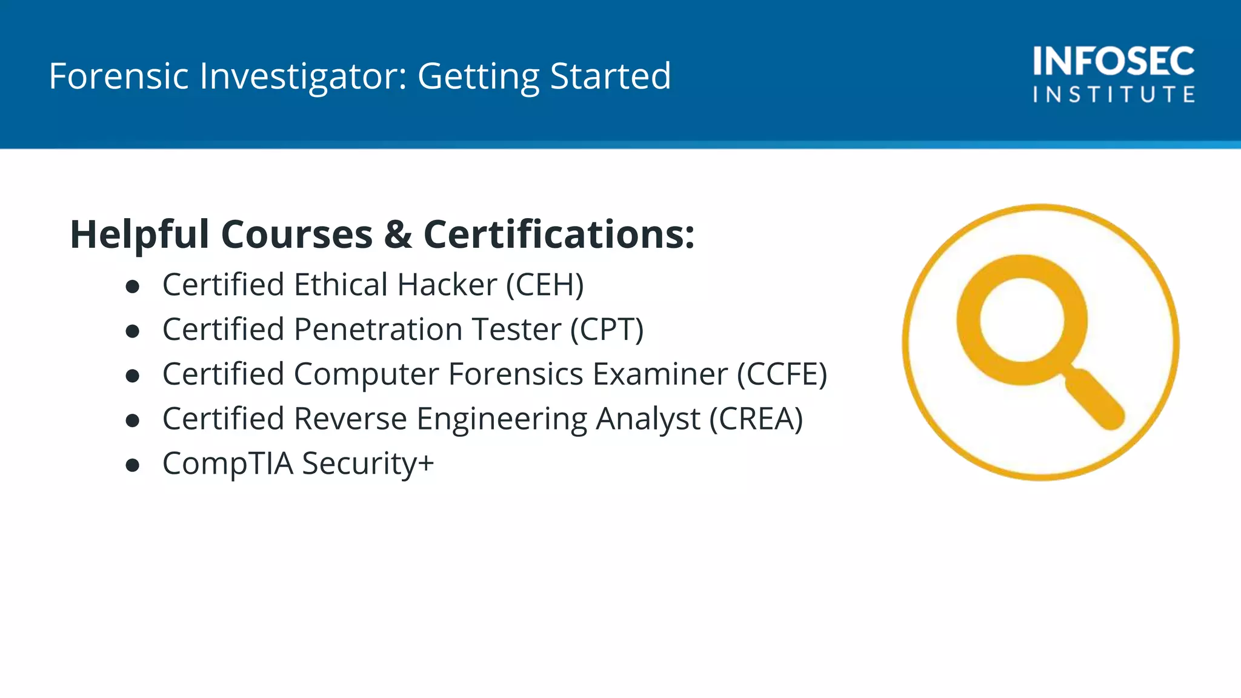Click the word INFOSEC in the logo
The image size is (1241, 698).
[x=1114, y=61]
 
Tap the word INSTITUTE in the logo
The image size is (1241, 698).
[x=1114, y=95]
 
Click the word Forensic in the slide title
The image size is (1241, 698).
[x=119, y=76]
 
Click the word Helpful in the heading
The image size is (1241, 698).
[x=139, y=234]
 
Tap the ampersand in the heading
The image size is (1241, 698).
[x=398, y=234]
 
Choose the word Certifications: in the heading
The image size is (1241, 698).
[x=559, y=234]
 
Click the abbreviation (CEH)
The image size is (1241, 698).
[x=545, y=285]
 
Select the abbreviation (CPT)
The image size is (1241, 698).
[x=607, y=330]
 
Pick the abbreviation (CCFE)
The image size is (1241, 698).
[x=782, y=374]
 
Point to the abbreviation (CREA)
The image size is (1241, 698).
[x=756, y=419]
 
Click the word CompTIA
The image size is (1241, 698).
[x=228, y=464]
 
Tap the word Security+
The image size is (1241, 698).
[x=368, y=464]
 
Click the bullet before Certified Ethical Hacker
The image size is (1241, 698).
[x=133, y=286]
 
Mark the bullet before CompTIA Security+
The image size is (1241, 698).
[x=133, y=465]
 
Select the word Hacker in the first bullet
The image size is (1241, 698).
[x=447, y=285]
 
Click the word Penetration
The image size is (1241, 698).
[x=378, y=330]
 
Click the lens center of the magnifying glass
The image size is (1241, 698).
[x=1022, y=319]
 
